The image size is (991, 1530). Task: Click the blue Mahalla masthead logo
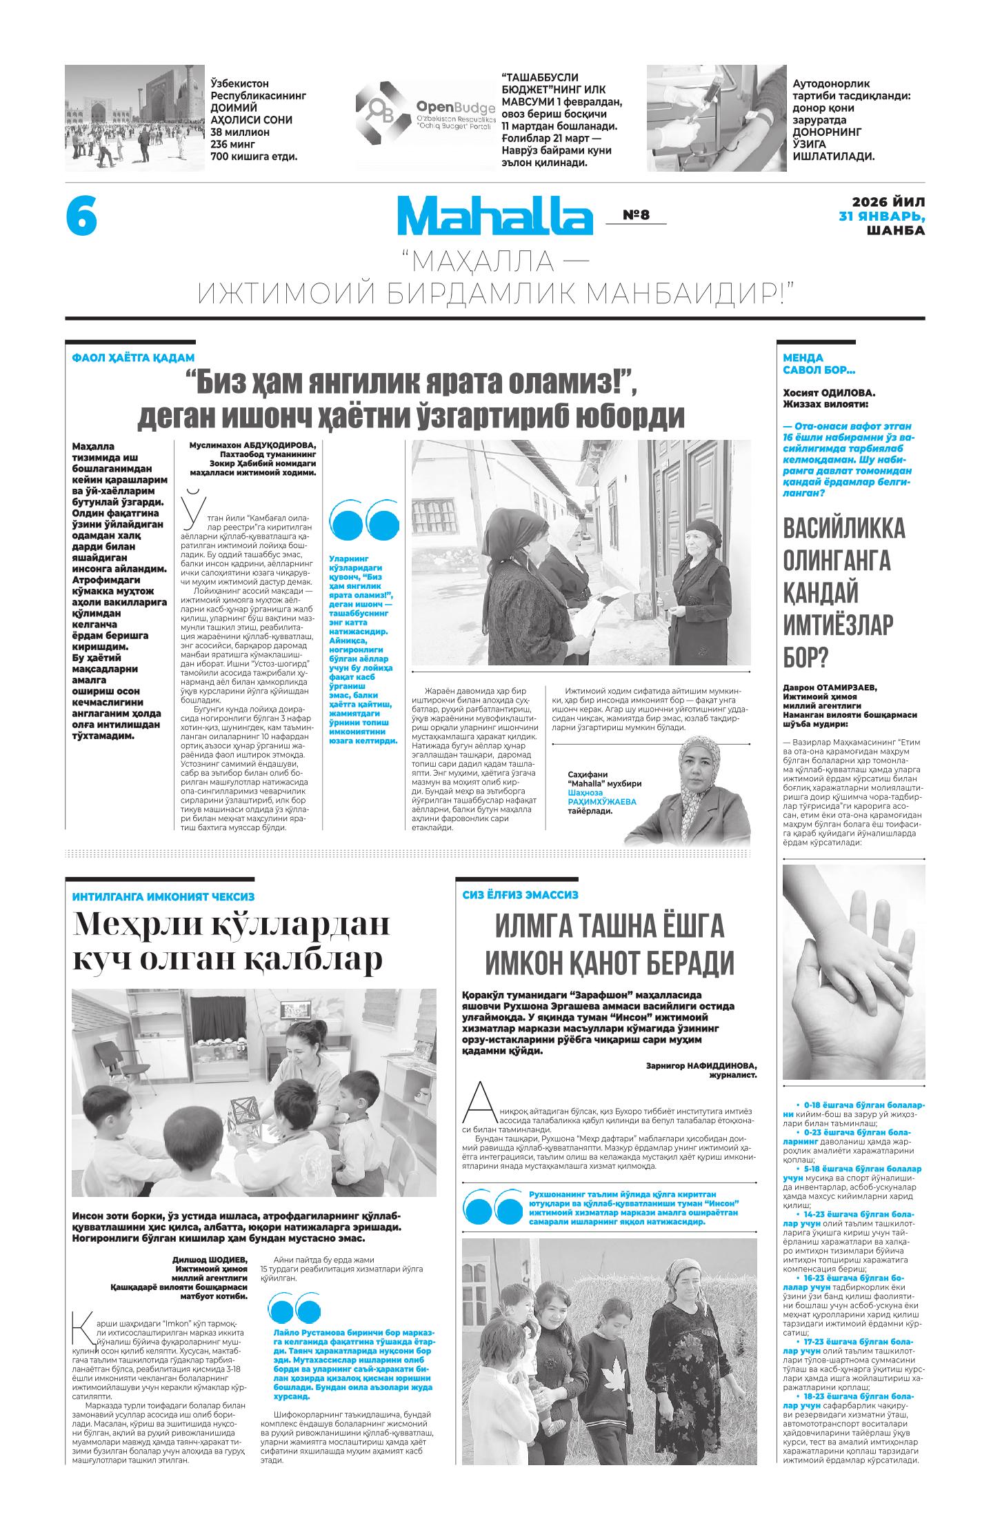click(494, 216)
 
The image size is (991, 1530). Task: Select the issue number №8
click(636, 215)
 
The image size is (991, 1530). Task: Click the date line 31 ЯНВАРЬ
click(881, 216)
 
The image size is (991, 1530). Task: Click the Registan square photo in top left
click(134, 118)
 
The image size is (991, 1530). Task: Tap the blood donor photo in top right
click(716, 118)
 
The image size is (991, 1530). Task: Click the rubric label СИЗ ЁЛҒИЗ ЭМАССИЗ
click(520, 894)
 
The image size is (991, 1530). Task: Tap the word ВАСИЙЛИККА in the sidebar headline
click(843, 531)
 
